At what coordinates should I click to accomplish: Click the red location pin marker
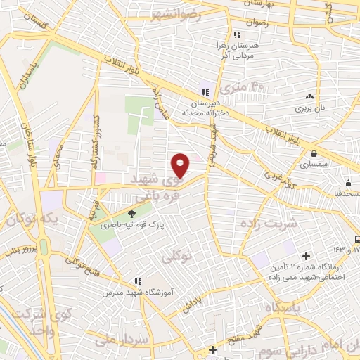click(181, 165)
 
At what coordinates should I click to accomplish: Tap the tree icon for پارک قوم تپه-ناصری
click(132, 214)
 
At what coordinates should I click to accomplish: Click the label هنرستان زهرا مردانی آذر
click(236, 49)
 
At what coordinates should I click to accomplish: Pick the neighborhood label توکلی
click(176, 258)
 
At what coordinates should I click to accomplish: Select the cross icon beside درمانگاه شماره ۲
click(306, 256)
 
